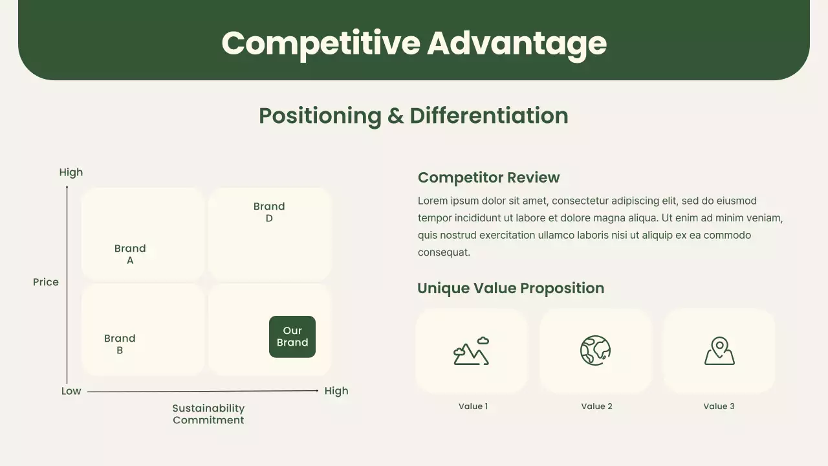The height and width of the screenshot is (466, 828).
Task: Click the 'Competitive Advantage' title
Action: (414, 43)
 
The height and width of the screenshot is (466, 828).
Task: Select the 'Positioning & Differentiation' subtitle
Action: (413, 116)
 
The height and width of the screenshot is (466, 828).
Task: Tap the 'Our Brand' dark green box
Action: (292, 337)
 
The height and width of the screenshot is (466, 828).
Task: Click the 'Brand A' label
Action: (130, 254)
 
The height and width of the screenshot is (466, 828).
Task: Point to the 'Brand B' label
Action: (120, 344)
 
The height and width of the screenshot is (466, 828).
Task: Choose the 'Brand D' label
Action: (269, 212)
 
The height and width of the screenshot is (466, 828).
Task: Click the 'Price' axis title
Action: (46, 282)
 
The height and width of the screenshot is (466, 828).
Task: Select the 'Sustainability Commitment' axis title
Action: (208, 414)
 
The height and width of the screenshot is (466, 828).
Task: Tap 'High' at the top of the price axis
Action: (71, 172)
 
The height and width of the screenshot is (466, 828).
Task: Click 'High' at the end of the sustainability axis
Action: (336, 391)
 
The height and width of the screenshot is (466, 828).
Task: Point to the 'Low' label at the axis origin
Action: (71, 391)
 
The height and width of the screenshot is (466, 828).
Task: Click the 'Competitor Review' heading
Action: (488, 177)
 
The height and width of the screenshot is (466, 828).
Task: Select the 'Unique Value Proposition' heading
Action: (510, 288)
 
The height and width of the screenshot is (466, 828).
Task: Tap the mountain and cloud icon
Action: (471, 351)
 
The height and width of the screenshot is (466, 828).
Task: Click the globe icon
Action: (595, 351)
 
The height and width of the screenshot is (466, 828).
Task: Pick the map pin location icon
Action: (719, 351)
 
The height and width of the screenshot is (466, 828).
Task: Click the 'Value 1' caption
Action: (473, 406)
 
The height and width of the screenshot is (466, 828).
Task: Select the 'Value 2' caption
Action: (596, 406)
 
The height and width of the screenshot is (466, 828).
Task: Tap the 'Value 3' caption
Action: (719, 406)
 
